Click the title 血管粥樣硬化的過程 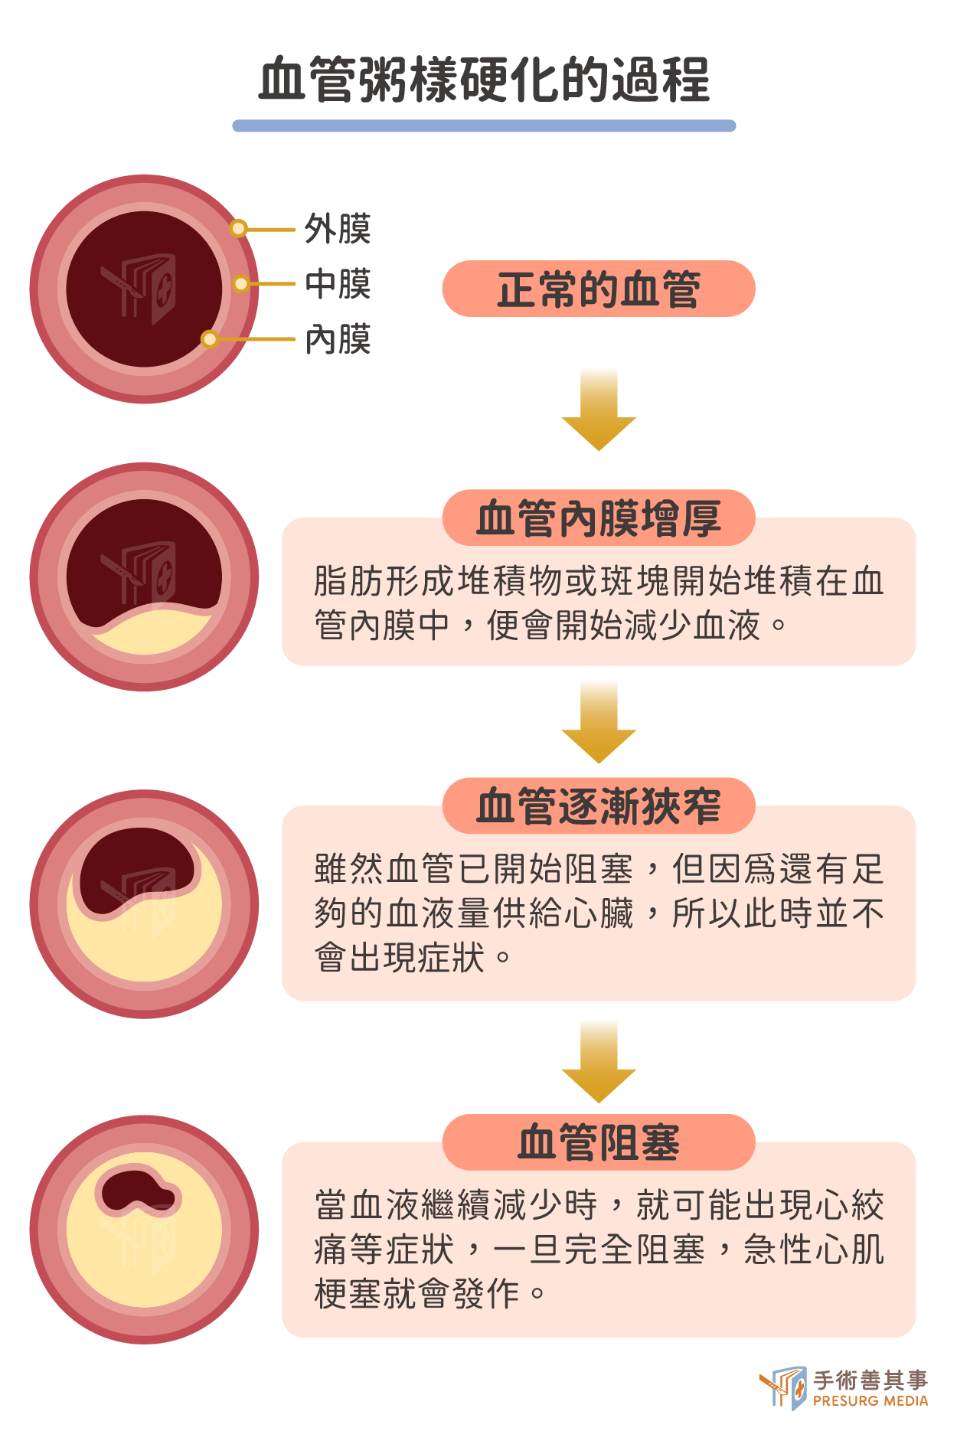click(x=484, y=80)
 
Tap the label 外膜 click(x=338, y=229)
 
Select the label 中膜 click(x=338, y=284)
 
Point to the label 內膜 click(x=338, y=339)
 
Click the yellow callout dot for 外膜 click(x=239, y=228)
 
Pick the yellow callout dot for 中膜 click(x=240, y=284)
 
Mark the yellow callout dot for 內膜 click(x=210, y=338)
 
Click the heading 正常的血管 click(x=599, y=289)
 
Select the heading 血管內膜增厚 click(x=599, y=518)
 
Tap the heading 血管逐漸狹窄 click(x=599, y=806)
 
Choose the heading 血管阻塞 click(x=599, y=1142)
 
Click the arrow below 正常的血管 click(x=599, y=410)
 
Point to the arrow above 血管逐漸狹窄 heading click(x=599, y=722)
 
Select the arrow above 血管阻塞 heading click(x=599, y=1062)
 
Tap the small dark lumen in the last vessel click(x=138, y=1191)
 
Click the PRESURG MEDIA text click(x=870, y=1401)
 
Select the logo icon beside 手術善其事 click(x=783, y=1387)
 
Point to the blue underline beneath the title click(x=484, y=126)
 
